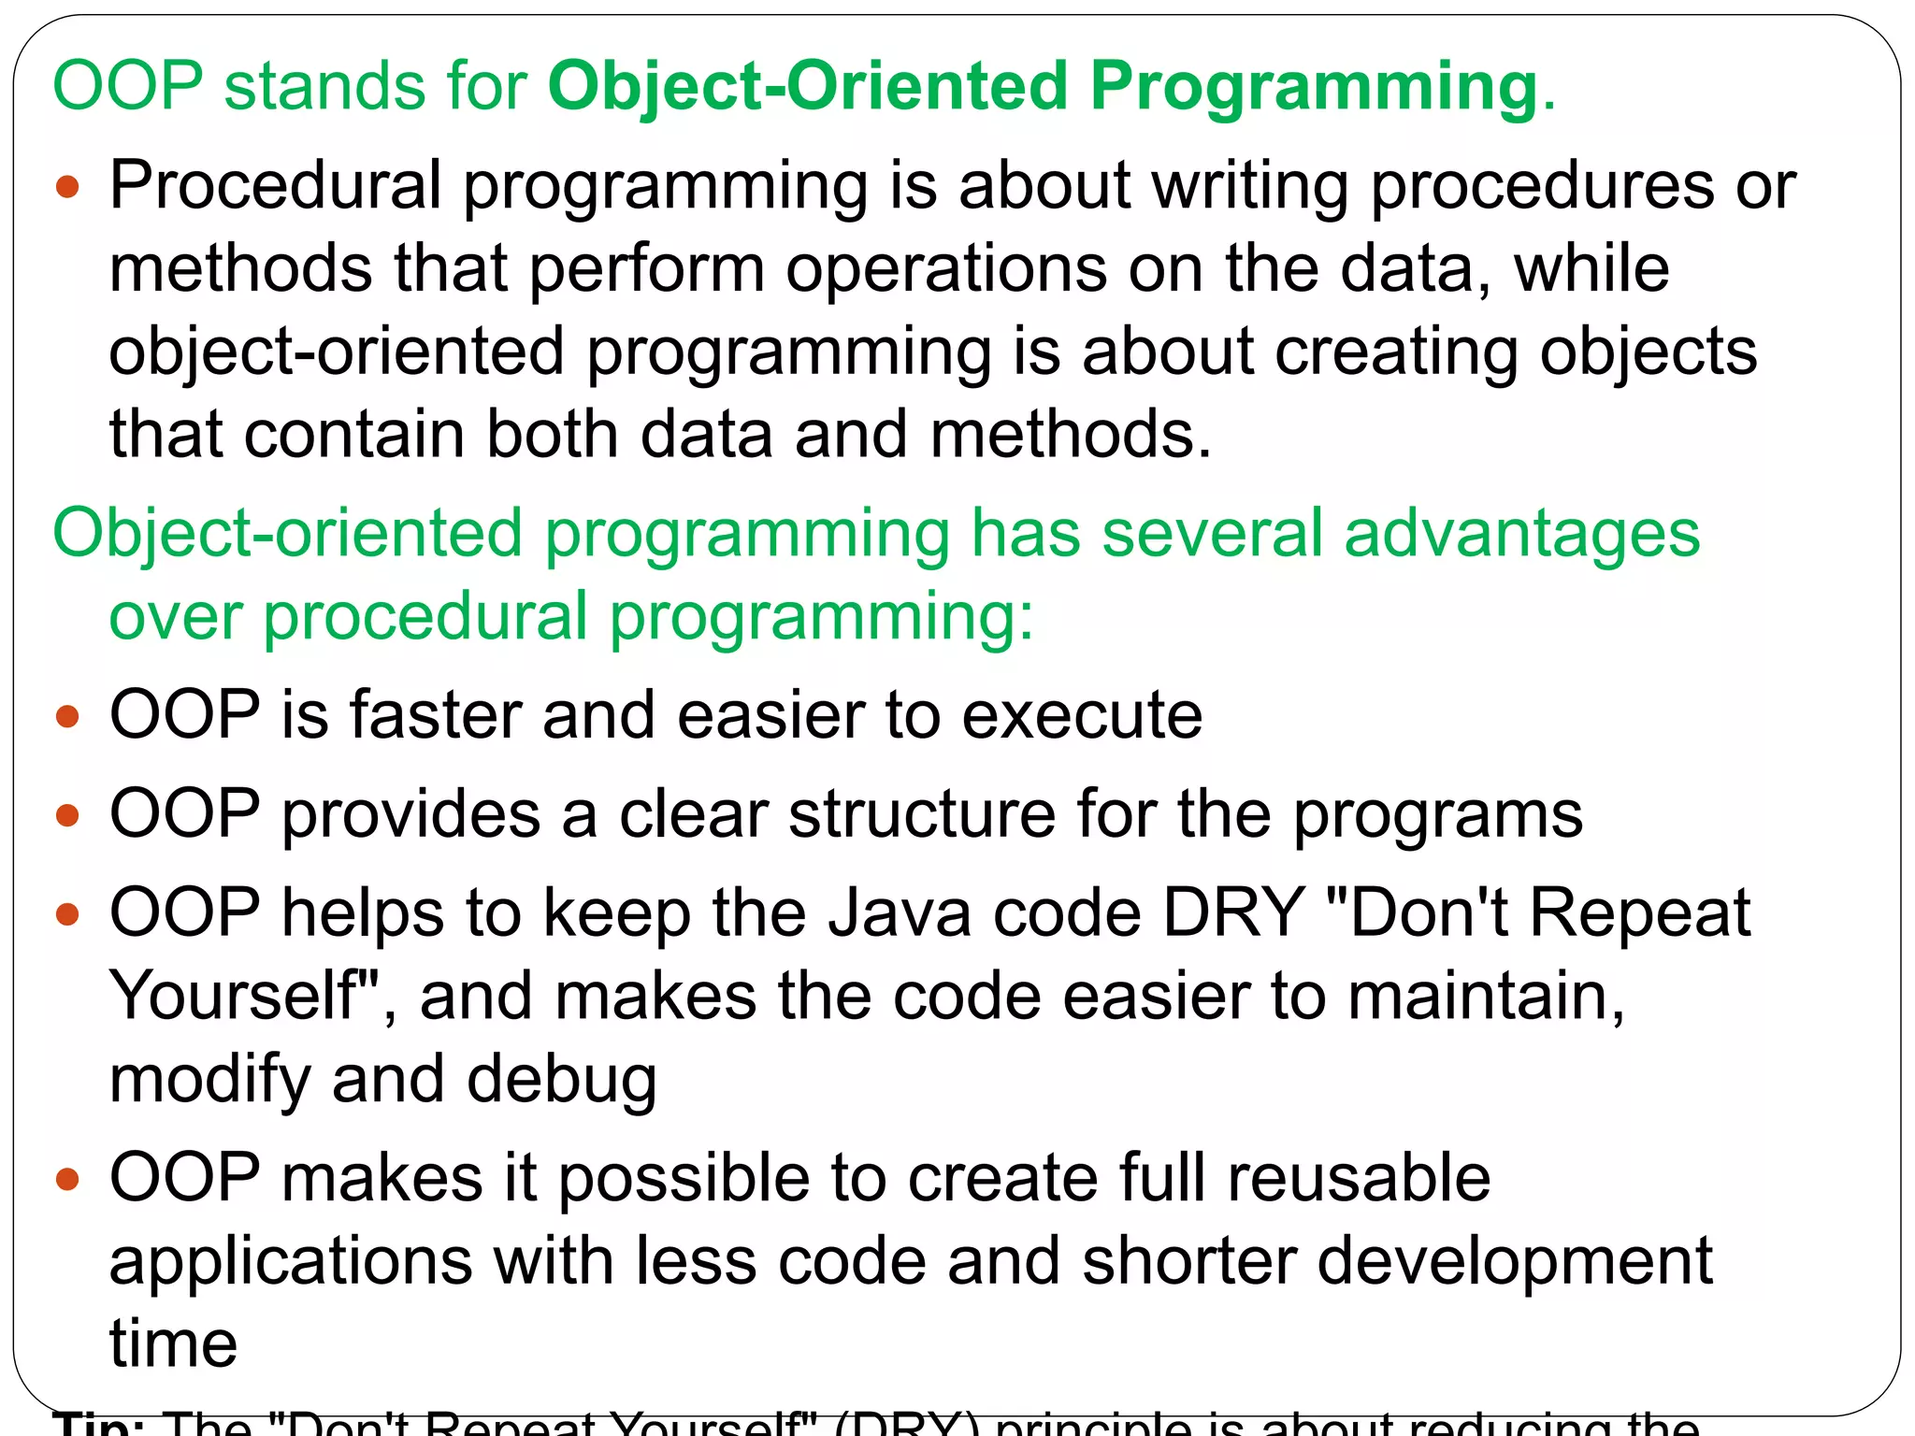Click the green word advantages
1521,535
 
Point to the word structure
922,813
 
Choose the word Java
900,912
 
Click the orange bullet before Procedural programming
67,187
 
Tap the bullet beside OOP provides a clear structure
67,815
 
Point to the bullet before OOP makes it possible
67,1179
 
